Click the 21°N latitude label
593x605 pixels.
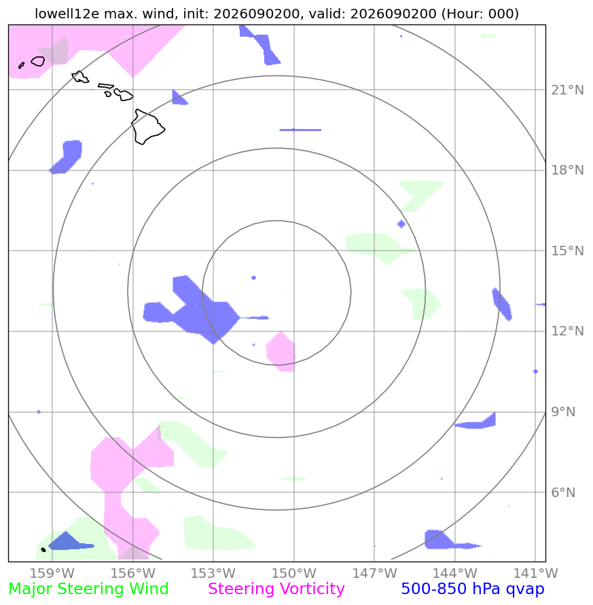567,90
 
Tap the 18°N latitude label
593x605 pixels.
567,170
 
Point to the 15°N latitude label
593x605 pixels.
567,251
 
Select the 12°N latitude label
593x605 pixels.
567,331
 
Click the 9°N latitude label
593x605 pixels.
563,411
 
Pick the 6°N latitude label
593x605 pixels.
563,492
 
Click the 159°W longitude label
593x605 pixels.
52,573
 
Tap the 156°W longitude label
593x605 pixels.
133,573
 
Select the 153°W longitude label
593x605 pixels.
213,573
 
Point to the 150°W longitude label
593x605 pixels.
294,573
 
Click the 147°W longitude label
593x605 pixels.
374,573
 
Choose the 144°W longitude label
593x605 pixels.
455,573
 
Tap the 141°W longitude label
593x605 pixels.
535,573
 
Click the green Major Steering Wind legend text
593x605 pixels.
88,589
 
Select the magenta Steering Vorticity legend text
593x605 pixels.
276,589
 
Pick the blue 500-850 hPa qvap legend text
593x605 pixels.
473,589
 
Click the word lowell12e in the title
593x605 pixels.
67,14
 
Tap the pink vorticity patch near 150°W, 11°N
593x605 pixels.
281,352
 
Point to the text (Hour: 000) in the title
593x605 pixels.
480,14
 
